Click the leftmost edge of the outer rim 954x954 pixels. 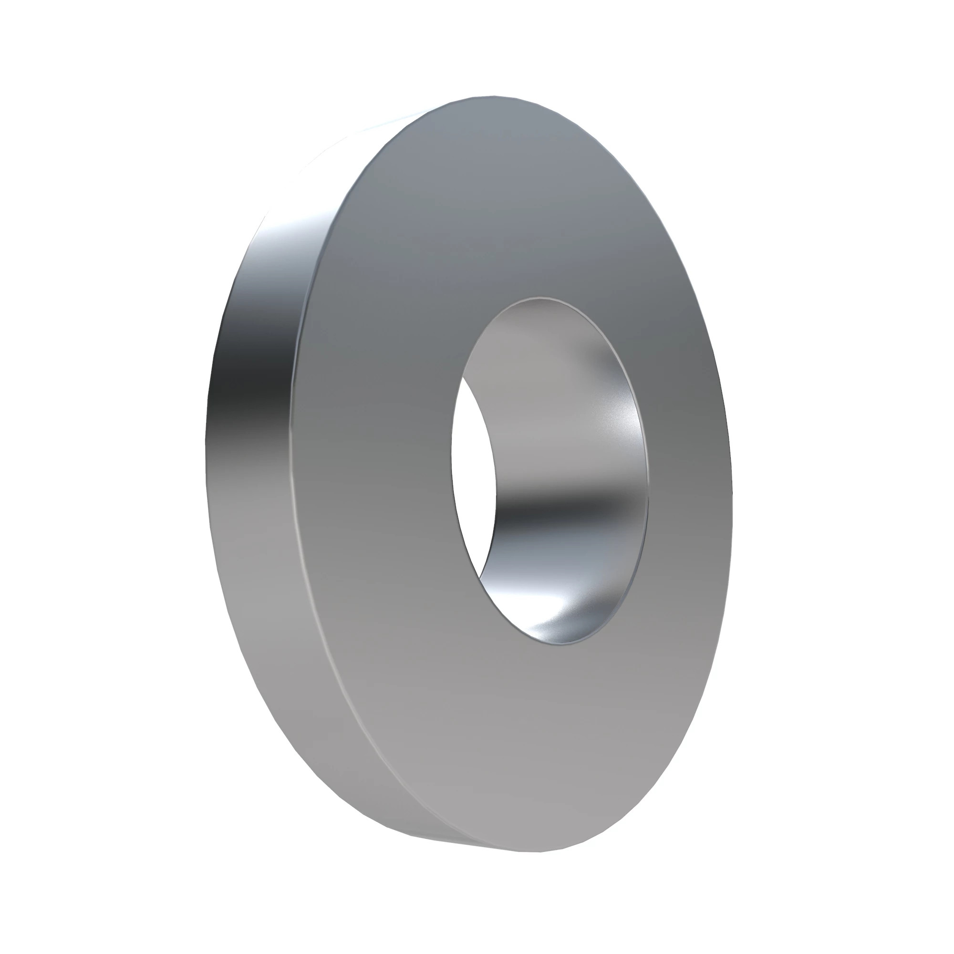[205, 445]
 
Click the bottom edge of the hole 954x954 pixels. [563, 643]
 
